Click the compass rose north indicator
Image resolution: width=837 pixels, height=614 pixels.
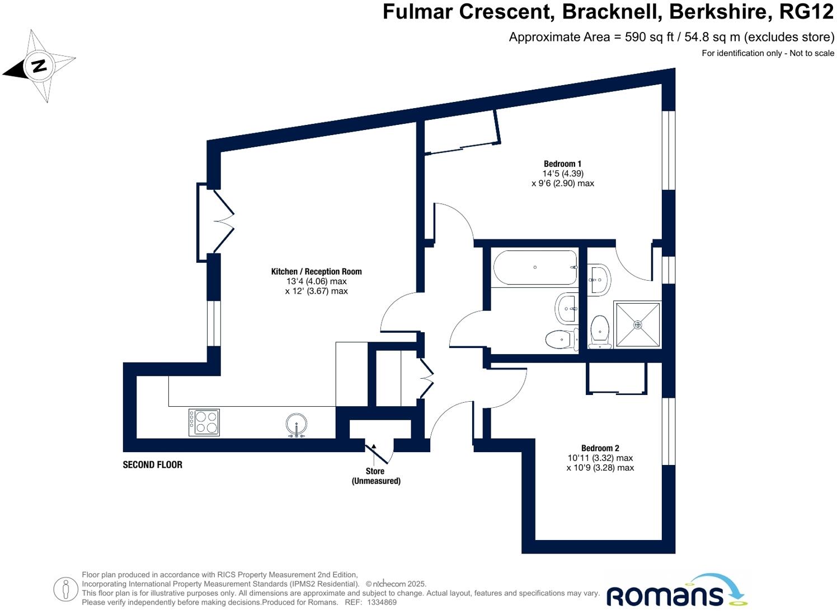click(x=39, y=66)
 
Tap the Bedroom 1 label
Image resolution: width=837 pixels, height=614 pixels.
click(x=562, y=164)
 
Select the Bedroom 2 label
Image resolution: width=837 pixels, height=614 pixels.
click(x=600, y=448)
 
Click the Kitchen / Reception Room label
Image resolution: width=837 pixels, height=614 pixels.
click(x=316, y=272)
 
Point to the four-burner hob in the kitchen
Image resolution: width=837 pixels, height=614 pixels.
click(x=204, y=422)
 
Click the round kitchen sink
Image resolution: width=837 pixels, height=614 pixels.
click(x=296, y=425)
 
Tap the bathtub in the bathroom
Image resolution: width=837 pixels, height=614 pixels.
click(x=535, y=268)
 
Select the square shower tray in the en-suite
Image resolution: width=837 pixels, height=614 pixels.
click(x=637, y=324)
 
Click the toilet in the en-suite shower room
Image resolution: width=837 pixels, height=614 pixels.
click(x=600, y=332)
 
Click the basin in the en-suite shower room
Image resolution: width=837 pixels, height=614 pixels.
click(x=599, y=279)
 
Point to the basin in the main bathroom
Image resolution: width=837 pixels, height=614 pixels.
click(x=566, y=309)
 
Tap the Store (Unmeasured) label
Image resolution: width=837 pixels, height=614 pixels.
click(x=375, y=476)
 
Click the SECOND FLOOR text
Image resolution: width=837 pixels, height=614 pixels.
click(x=152, y=464)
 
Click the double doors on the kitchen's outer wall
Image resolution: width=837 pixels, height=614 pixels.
click(x=215, y=222)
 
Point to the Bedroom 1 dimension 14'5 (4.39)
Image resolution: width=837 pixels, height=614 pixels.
click(x=562, y=174)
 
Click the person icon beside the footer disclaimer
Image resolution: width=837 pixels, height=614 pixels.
click(x=66, y=589)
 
